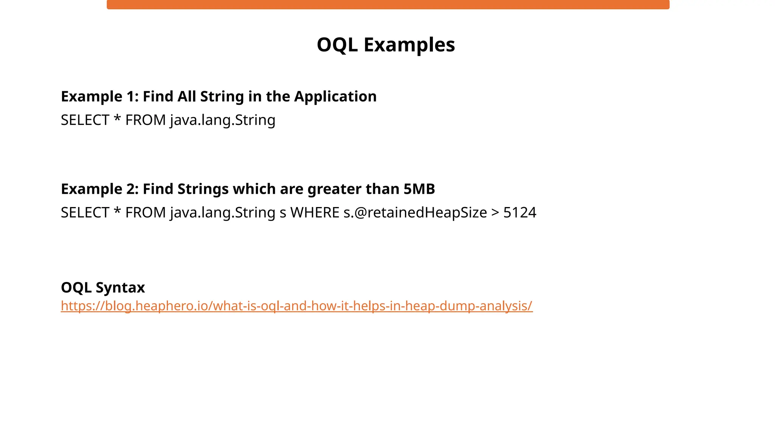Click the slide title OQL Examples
coord(386,45)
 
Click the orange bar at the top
coord(388,5)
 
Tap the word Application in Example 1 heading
coord(335,97)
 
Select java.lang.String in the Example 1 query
coord(223,120)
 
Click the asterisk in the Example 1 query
coord(117,119)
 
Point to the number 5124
coord(520,213)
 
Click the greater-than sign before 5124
coord(495,213)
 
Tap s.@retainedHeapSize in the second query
coord(415,213)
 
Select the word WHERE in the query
coord(314,213)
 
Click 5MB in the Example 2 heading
coord(419,189)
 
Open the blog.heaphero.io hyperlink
coord(297,306)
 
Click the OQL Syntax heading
coord(103,288)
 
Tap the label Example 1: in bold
coord(100,97)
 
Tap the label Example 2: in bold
coord(100,189)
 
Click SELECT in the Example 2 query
coord(85,213)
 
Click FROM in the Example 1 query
coord(145,120)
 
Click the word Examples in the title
coord(409,45)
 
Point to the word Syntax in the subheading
coord(120,288)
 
